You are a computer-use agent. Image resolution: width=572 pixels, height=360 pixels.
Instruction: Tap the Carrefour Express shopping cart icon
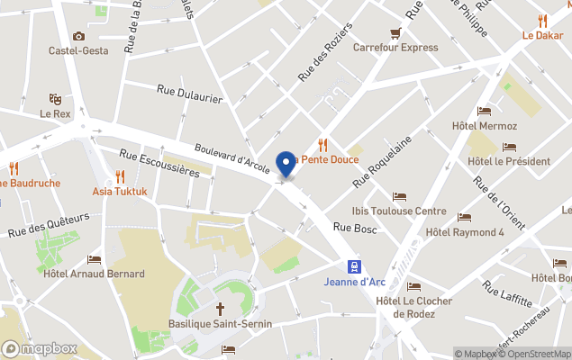pyautogui.click(x=395, y=33)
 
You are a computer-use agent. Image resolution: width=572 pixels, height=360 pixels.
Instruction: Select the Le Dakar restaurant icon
pyautogui.click(x=542, y=21)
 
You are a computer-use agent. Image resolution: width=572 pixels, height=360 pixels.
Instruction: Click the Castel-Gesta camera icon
pyautogui.click(x=78, y=36)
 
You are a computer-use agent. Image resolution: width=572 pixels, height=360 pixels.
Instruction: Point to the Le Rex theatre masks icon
pyautogui.click(x=55, y=98)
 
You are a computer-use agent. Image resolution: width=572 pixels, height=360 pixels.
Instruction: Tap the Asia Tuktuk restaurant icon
pyautogui.click(x=120, y=176)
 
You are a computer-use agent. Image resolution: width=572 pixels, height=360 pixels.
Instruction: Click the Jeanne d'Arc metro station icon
pyautogui.click(x=355, y=265)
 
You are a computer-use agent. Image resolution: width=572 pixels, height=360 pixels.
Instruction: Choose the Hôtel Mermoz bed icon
pyautogui.click(x=485, y=112)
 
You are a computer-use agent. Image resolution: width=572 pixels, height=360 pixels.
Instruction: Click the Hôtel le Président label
pyautogui.click(x=509, y=161)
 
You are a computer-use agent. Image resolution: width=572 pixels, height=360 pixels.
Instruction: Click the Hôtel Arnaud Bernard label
pyautogui.click(x=94, y=274)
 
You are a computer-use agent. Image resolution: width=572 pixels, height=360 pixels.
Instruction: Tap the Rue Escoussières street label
pyautogui.click(x=158, y=165)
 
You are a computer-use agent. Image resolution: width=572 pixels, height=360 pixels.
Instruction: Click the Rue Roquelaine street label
pyautogui.click(x=382, y=161)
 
